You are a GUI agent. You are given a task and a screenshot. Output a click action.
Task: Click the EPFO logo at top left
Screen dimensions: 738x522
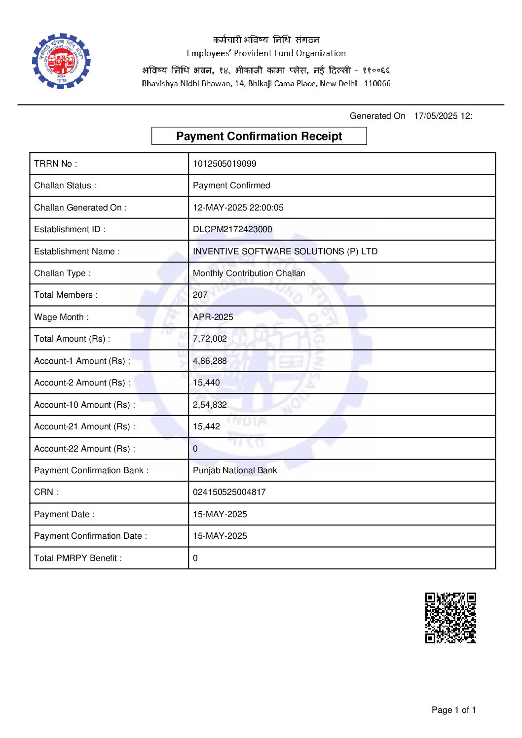pos(61,61)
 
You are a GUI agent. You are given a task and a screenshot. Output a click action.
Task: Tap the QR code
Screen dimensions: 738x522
pos(450,618)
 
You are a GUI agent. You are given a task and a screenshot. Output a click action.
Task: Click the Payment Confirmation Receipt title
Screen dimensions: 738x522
pos(259,136)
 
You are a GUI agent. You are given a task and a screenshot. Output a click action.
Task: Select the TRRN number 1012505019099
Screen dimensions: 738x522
pos(224,164)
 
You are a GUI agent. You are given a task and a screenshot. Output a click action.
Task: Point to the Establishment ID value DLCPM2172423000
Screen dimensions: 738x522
pos(232,229)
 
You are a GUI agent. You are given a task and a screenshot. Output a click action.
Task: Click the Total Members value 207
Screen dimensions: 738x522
pos(200,295)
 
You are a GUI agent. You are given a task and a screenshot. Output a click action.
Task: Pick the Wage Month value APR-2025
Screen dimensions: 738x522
pos(213,317)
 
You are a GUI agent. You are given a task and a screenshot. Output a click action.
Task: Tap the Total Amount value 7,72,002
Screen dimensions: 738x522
pos(210,339)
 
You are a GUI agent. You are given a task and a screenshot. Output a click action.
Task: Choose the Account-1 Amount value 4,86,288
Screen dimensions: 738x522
pos(210,361)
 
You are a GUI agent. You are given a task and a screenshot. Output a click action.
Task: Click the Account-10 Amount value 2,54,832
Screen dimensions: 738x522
pos(210,405)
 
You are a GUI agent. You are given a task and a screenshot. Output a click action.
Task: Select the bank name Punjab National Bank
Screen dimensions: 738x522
pos(235,470)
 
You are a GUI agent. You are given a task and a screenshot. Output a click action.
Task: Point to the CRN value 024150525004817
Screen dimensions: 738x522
pos(229,492)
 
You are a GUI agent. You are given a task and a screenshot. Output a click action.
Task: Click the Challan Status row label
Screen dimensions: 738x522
pos(65,185)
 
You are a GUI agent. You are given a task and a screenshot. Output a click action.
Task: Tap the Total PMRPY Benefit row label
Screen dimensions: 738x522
pos(78,558)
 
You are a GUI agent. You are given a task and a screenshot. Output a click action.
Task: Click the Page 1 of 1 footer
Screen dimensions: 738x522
pos(453,710)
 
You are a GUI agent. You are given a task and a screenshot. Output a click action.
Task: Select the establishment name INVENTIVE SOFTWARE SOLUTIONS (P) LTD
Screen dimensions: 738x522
pos(285,251)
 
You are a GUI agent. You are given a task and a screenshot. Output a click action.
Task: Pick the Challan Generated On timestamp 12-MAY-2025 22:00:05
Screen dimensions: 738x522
pos(238,208)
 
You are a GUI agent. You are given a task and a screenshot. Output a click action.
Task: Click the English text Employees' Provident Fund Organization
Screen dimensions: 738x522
pos(266,53)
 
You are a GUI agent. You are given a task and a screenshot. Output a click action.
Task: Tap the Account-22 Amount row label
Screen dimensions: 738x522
pos(84,449)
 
